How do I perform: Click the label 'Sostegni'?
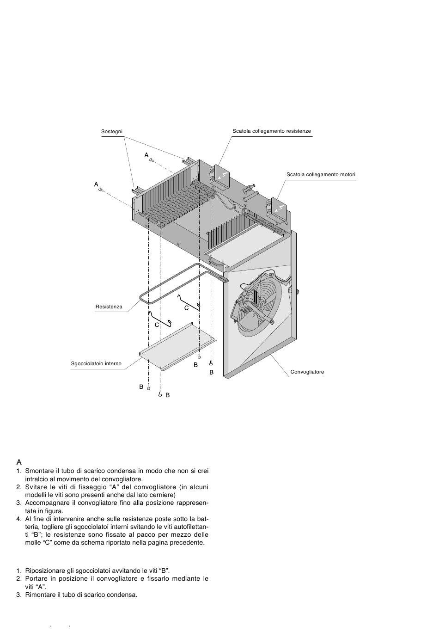[111, 132]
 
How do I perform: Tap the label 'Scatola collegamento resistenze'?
[271, 131]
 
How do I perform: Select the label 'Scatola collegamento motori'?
[321, 175]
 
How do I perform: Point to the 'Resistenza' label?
[109, 307]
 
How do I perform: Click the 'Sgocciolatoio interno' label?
[96, 364]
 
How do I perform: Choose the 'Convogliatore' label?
[307, 372]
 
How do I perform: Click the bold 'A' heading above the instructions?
[19, 462]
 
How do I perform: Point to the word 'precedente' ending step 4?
[187, 543]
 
